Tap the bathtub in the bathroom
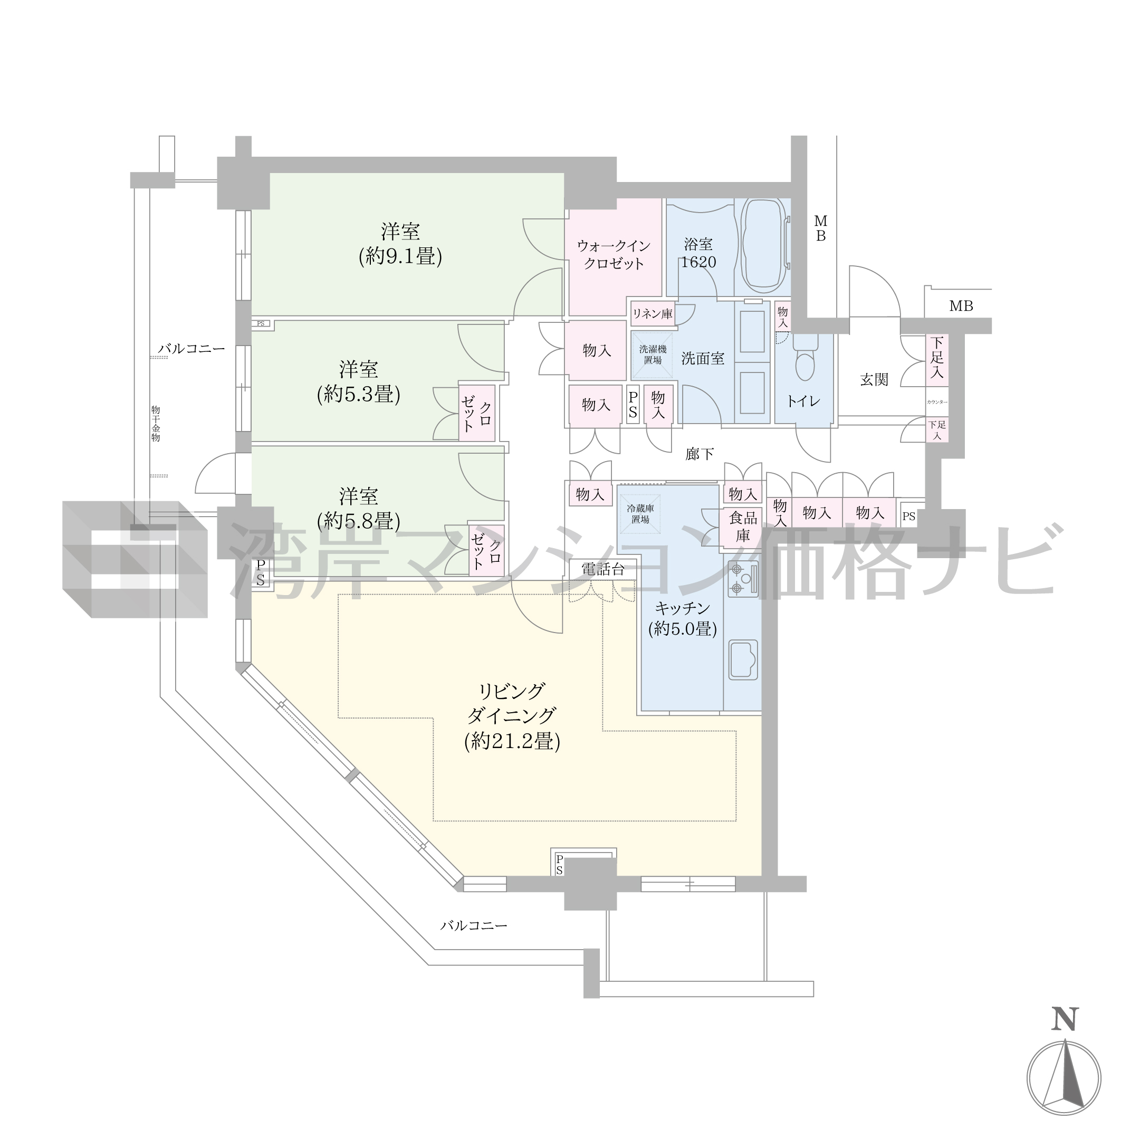[x=764, y=246]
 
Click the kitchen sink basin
[x=743, y=659]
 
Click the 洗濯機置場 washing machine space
[x=652, y=355]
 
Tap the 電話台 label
[x=603, y=569]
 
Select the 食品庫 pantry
[x=743, y=526]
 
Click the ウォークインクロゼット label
[x=614, y=254]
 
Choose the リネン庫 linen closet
[x=652, y=313]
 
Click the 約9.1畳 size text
[x=400, y=257]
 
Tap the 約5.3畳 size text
[x=359, y=394]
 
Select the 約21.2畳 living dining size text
[x=512, y=742]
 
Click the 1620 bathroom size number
[x=698, y=262]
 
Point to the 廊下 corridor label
[x=700, y=454]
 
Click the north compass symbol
[x=1064, y=1078]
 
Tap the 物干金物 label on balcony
[x=156, y=424]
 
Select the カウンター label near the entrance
[x=937, y=403]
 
